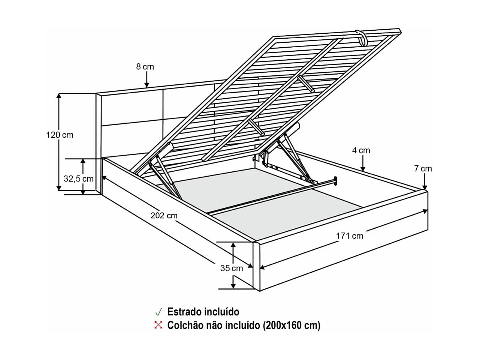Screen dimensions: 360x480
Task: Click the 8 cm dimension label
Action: tap(145, 67)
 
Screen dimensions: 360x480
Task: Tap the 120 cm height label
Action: tap(60, 135)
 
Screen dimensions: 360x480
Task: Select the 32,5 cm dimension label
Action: tap(78, 178)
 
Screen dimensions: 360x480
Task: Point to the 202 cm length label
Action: tap(164, 215)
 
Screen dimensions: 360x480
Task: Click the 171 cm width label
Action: tap(349, 236)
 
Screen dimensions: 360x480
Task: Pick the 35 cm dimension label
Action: tap(231, 268)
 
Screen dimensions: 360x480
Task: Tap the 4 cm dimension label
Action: tap(361, 150)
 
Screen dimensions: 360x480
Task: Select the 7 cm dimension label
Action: tap(423, 169)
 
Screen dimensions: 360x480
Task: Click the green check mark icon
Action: tap(159, 312)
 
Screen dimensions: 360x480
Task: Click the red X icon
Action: tap(159, 325)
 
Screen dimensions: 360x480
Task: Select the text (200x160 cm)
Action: tap(292, 325)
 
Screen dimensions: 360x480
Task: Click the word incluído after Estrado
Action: tap(221, 312)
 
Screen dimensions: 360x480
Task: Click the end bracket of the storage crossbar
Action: tap(335, 181)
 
